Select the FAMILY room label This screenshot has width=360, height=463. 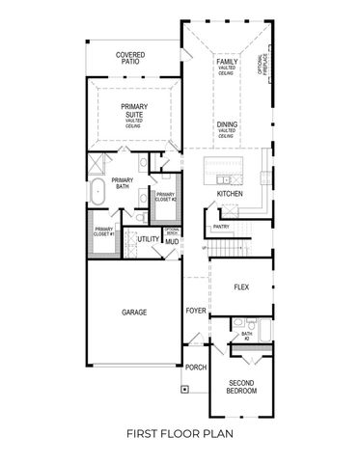coord(227,64)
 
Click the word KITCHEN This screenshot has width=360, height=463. coord(229,194)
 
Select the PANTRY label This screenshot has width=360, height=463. coord(221,227)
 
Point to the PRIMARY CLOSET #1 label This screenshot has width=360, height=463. coord(104,231)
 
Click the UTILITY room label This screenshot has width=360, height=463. coord(147,238)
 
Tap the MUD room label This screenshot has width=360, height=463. coord(172,242)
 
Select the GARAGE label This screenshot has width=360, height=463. coord(133,313)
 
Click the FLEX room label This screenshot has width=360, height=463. coord(242,287)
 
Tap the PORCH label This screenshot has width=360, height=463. coord(196,367)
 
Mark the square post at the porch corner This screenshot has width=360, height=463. coord(182,391)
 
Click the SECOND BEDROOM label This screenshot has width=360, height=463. coord(241,387)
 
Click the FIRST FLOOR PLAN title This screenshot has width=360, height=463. coord(180,435)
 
